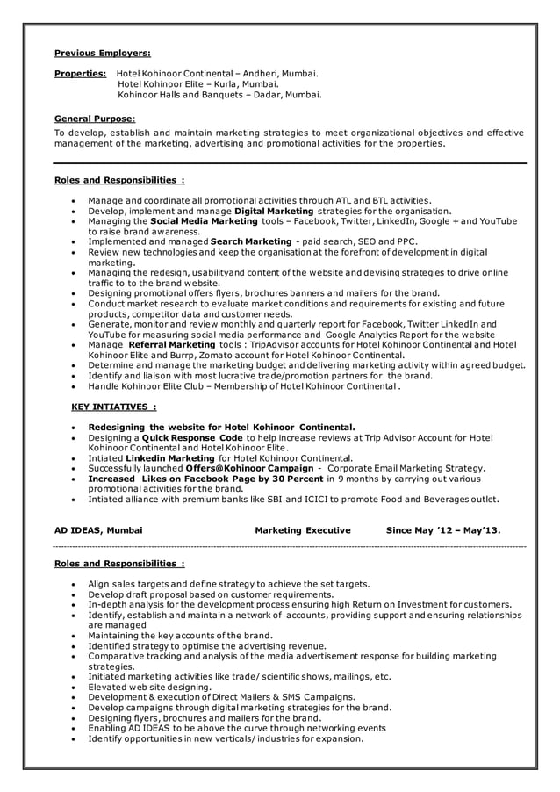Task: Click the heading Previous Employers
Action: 102,53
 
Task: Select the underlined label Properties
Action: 80,74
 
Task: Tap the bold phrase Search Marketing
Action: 251,241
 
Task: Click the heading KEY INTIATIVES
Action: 113,407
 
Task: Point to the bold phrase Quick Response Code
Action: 192,437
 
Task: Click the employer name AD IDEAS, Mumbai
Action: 99,530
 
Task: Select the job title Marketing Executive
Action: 303,530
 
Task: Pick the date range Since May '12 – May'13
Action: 443,530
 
